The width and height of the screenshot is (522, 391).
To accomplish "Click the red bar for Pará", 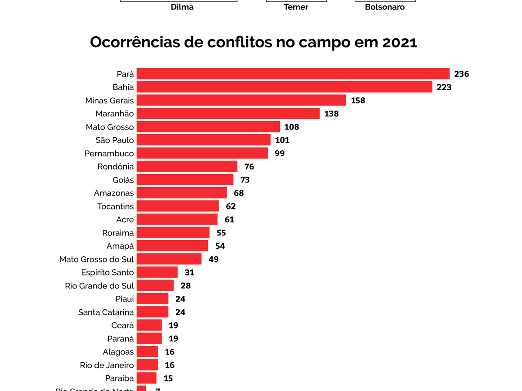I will (293, 74).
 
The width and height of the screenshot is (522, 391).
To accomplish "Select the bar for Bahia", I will (284, 87).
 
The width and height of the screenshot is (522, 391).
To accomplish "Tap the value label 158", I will (358, 100).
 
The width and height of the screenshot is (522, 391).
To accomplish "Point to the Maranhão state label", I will (115, 114).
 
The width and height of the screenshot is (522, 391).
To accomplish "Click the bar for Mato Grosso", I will (208, 127).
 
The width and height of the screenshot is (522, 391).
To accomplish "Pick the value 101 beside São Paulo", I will (282, 140).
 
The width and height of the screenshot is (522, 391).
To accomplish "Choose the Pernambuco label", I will (109, 153).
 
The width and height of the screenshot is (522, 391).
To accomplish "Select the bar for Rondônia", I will (187, 166).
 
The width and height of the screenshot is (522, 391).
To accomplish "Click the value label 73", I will (244, 180).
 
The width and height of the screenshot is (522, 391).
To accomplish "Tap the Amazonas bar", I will (182, 193).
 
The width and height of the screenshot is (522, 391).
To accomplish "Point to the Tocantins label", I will (116, 206).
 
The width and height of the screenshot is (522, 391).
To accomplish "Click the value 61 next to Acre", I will (229, 219).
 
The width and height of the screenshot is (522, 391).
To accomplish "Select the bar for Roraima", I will (173, 232).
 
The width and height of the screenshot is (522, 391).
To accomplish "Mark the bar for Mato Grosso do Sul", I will (169, 259).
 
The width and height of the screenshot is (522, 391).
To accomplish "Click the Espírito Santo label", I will (107, 272).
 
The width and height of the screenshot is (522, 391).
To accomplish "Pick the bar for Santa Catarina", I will (153, 312).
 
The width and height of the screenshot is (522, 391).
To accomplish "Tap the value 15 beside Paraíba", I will (168, 378).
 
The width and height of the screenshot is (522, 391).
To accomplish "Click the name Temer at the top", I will (296, 7).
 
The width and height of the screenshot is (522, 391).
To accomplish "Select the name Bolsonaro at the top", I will (385, 7).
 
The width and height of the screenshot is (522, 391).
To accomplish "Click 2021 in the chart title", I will (399, 43).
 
